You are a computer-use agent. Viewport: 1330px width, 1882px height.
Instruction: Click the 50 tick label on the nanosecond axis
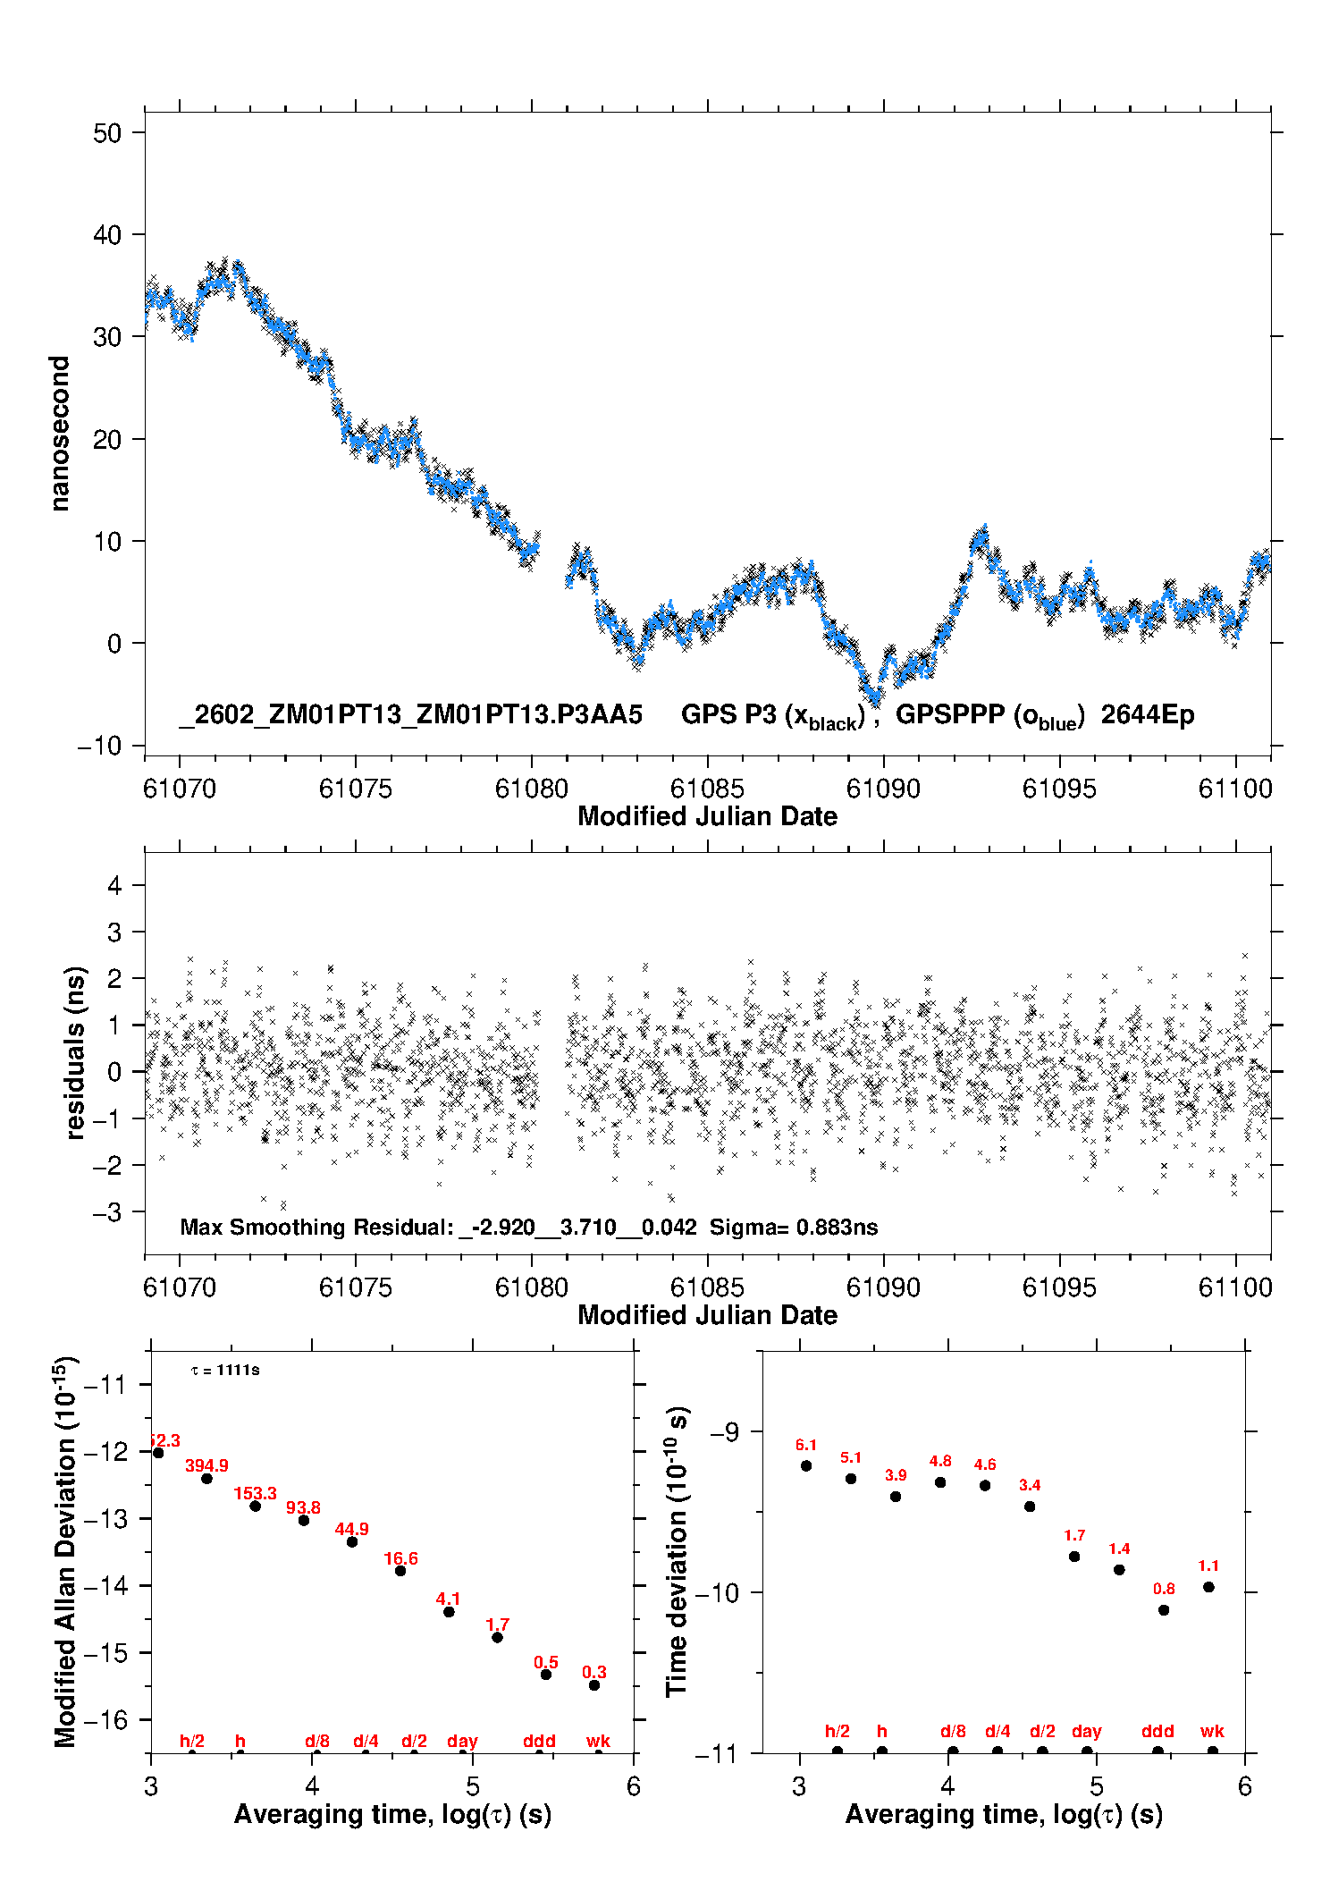click(107, 133)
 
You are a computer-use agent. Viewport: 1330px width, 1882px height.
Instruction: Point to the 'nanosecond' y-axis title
click(60, 434)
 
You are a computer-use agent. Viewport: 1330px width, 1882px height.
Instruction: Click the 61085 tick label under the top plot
click(707, 789)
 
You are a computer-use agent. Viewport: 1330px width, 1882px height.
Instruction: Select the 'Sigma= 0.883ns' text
click(794, 1227)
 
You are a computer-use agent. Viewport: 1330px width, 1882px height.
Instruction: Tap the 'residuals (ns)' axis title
click(76, 1052)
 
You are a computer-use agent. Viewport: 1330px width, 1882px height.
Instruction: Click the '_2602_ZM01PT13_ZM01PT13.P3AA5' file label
click(411, 714)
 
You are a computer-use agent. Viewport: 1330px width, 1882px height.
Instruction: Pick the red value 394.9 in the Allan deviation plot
click(206, 1465)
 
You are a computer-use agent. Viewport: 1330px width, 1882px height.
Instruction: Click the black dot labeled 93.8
click(304, 1520)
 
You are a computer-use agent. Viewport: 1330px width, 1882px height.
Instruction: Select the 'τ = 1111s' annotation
click(225, 1371)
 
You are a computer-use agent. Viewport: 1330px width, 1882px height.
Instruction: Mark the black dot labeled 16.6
click(400, 1571)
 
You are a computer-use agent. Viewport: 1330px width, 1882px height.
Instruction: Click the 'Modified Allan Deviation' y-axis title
click(65, 1552)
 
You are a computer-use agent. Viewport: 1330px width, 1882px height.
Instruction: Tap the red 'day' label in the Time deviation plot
click(1087, 1731)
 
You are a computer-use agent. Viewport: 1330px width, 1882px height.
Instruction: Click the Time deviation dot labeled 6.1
click(806, 1465)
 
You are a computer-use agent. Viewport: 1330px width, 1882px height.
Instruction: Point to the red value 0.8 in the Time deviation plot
click(1164, 1589)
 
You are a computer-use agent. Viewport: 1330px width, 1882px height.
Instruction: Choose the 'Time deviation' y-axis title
click(677, 1552)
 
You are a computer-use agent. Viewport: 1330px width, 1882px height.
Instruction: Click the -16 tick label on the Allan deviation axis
click(105, 1719)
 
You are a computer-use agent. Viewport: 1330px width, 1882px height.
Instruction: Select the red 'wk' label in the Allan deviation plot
click(598, 1741)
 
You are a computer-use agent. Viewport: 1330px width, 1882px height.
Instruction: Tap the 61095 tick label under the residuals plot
click(1059, 1287)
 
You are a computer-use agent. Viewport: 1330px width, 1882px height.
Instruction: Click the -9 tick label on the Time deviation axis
click(724, 1432)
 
